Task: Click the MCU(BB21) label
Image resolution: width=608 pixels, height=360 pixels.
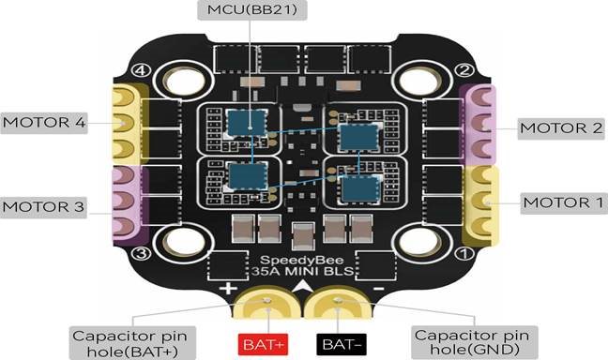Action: pyautogui.click(x=252, y=9)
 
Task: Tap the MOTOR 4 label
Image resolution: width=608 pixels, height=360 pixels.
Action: pyautogui.click(x=44, y=123)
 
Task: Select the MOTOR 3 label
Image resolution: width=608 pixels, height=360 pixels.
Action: pyautogui.click(x=43, y=207)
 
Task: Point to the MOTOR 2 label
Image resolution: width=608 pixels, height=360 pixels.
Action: pyautogui.click(x=561, y=128)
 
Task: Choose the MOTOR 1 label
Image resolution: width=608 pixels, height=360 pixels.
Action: pyautogui.click(x=563, y=202)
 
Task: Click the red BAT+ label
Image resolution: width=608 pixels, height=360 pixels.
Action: pyautogui.click(x=263, y=344)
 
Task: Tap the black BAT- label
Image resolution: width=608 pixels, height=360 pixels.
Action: pyautogui.click(x=342, y=344)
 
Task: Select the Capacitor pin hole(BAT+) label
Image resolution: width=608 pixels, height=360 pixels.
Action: pyautogui.click(x=132, y=343)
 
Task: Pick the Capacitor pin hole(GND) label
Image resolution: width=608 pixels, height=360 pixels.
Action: pyautogui.click(x=474, y=342)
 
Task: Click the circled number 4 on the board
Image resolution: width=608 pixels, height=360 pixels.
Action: pyautogui.click(x=141, y=70)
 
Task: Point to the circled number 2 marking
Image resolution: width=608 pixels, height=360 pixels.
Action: pyautogui.click(x=464, y=70)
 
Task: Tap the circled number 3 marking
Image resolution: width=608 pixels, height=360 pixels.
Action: pyautogui.click(x=141, y=253)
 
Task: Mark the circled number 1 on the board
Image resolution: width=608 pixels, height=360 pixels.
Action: pyautogui.click(x=464, y=254)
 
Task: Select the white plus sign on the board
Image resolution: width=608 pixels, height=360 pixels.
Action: pyautogui.click(x=228, y=289)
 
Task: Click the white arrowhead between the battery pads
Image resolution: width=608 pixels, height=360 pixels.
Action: pyautogui.click(x=303, y=286)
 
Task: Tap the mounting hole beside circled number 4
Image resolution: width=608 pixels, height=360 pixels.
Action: pyautogui.click(x=184, y=81)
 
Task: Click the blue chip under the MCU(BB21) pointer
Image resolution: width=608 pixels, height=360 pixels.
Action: pyautogui.click(x=247, y=123)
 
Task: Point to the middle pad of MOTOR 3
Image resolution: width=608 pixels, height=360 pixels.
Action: pyautogui.click(x=123, y=200)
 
